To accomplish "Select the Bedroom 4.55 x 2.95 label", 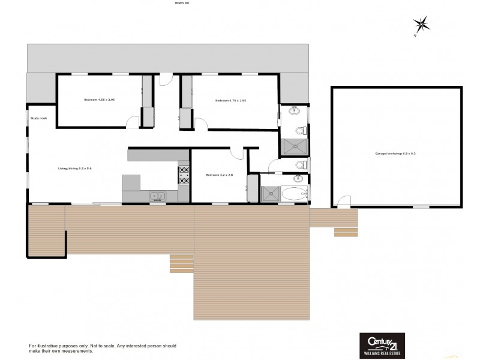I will click(x=99, y=100).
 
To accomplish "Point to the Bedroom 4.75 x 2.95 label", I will click(x=231, y=100).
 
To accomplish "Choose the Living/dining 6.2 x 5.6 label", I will click(x=74, y=169).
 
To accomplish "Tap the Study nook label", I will click(x=38, y=118).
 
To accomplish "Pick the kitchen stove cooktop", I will click(x=184, y=174).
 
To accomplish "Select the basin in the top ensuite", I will click(x=295, y=110).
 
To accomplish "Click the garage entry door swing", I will click(x=343, y=203).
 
